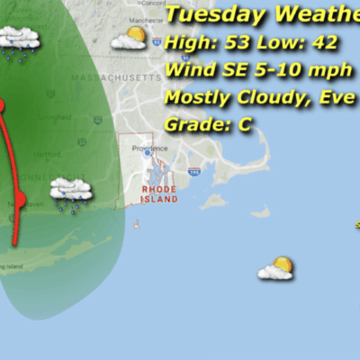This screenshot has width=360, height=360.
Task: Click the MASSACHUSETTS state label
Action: coord(117,78)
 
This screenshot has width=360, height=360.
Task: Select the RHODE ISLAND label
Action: coord(159,194)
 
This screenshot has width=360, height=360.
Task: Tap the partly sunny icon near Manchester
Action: coord(130,39)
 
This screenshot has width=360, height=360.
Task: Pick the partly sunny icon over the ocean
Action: coord(275,268)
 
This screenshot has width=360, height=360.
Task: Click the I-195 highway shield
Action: coord(194,171)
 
